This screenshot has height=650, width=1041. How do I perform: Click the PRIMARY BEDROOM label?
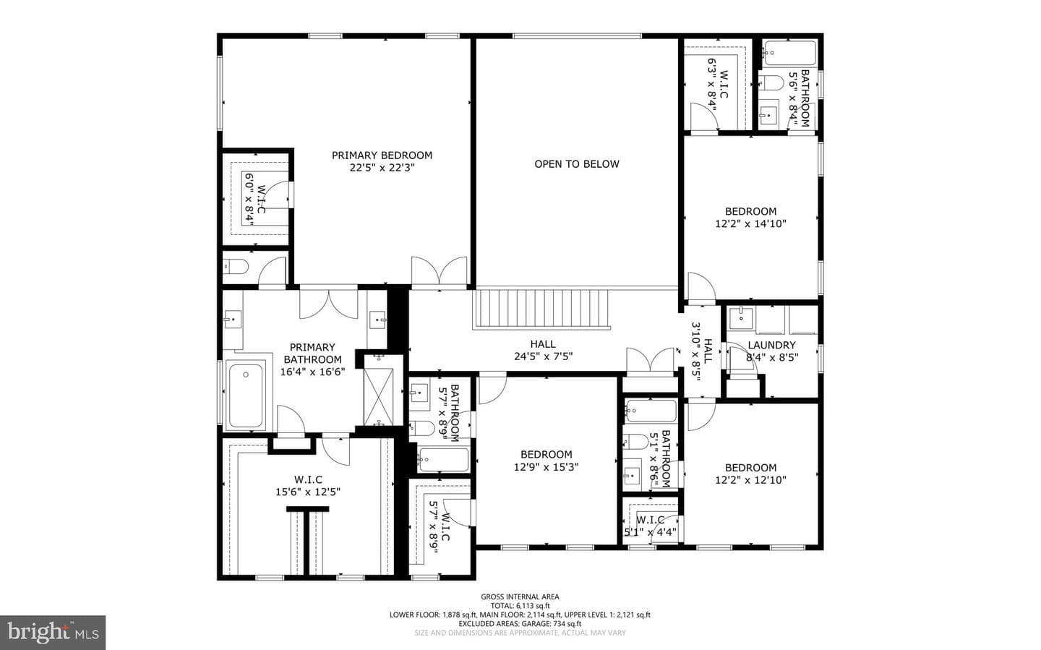click(382, 155)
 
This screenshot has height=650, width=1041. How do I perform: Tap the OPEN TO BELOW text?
click(576, 163)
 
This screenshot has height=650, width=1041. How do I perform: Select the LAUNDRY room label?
click(771, 345)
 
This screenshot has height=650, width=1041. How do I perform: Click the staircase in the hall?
click(541, 309)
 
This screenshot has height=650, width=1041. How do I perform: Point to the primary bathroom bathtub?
click(246, 395)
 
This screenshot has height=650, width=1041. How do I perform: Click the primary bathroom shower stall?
click(379, 395)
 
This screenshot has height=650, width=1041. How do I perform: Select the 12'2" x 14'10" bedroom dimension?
click(750, 223)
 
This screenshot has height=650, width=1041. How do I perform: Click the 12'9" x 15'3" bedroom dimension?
click(546, 466)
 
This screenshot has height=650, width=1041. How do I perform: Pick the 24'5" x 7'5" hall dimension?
click(543, 356)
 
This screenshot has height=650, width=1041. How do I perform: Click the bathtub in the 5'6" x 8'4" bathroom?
click(789, 53)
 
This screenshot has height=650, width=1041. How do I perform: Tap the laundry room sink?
click(740, 317)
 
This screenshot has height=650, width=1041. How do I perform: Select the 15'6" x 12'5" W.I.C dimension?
click(308, 492)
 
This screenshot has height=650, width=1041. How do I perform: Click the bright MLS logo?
click(53, 633)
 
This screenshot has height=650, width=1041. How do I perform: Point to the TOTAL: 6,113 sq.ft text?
click(520, 605)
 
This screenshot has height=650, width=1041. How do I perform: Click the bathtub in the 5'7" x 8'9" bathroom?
click(443, 460)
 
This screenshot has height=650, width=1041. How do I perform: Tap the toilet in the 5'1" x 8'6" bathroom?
click(635, 442)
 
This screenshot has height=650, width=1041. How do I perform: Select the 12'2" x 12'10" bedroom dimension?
click(750, 480)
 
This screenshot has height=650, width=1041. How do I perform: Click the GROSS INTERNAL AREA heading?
click(520, 596)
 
